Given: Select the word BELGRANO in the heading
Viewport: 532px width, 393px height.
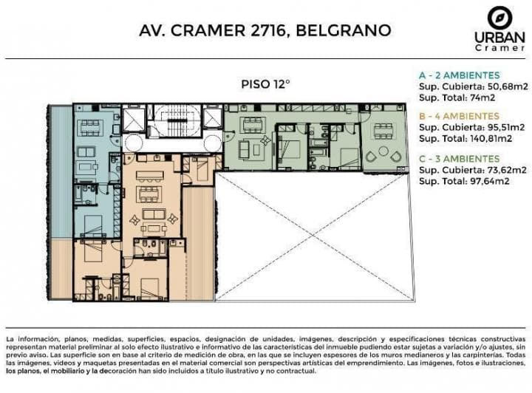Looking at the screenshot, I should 343,31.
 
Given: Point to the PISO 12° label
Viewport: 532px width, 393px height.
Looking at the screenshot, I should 265,83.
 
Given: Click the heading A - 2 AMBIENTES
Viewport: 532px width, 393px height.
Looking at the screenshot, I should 459,75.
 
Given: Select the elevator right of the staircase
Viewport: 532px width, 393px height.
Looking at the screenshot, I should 213,118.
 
